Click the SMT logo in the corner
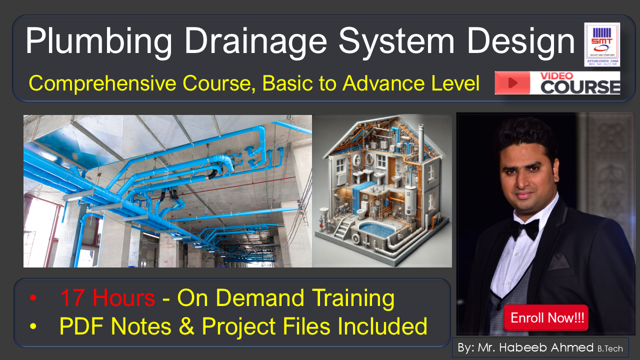coord(602,44)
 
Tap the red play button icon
coord(512,83)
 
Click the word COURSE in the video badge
coord(580,87)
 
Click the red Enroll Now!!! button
coord(546,318)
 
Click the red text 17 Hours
coord(107,298)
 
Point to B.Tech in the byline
coord(610,348)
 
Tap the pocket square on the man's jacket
coord(559,261)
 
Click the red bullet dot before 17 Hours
coord(33,298)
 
